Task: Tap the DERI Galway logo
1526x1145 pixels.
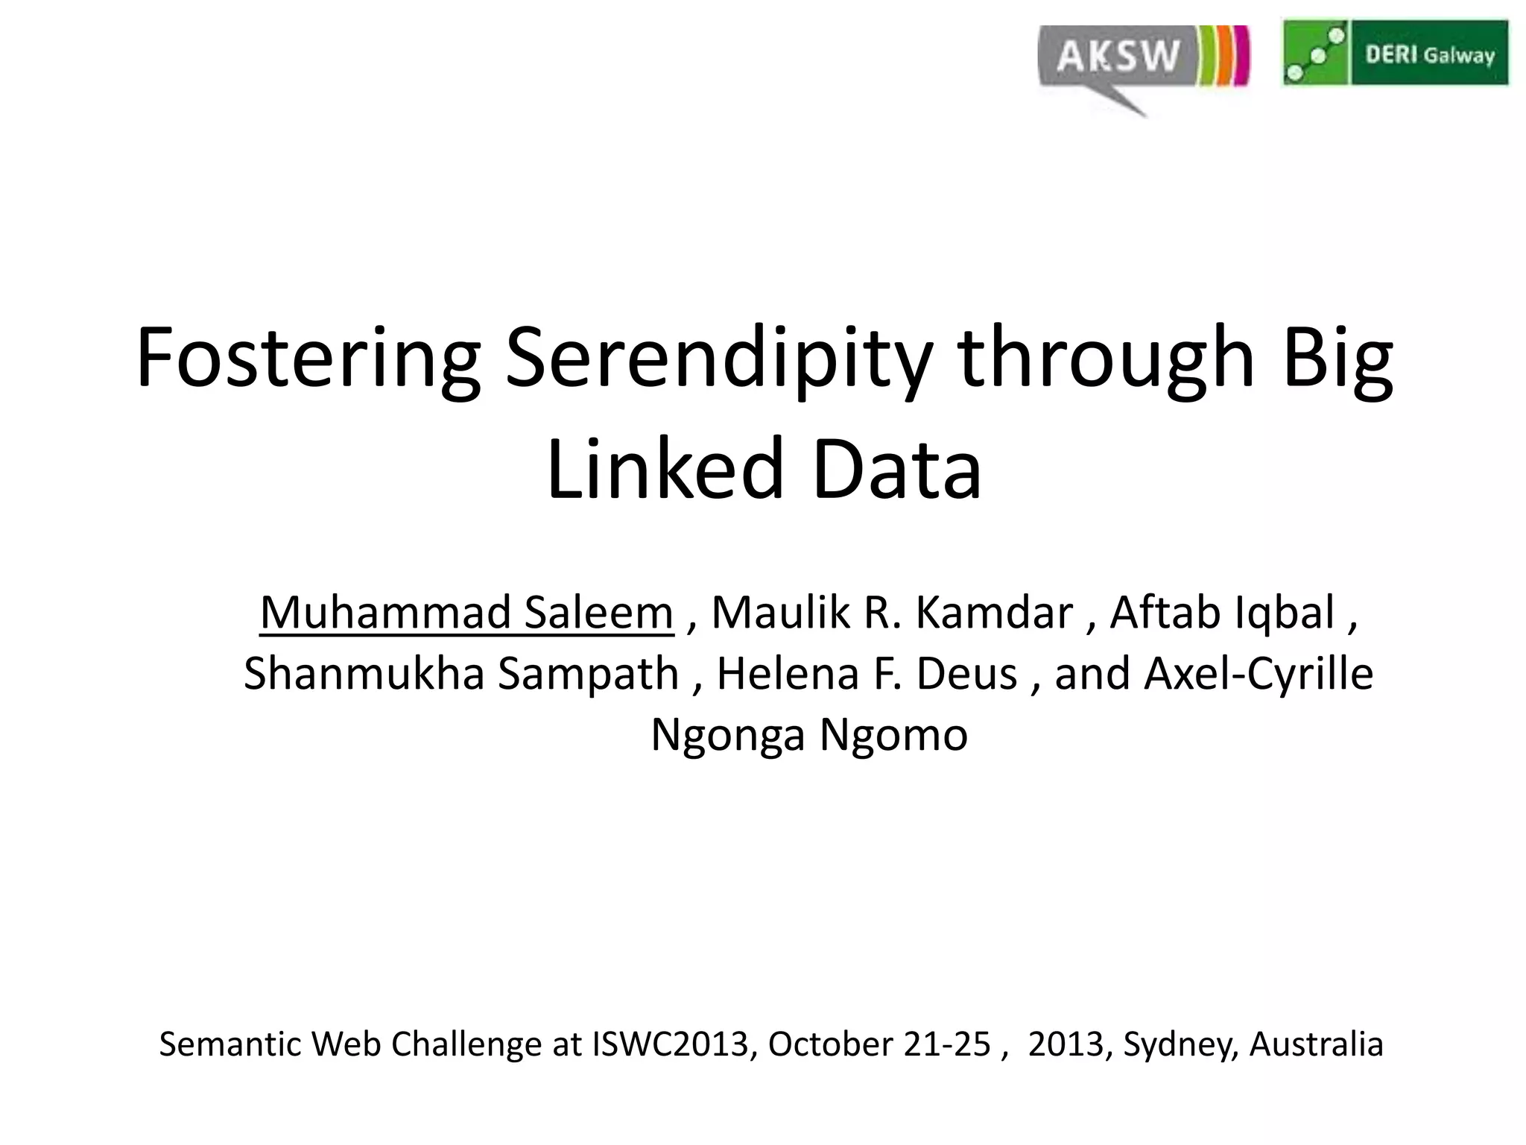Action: click(1395, 53)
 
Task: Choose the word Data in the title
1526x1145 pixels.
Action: click(897, 470)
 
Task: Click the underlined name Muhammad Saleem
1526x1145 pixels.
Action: click(466, 613)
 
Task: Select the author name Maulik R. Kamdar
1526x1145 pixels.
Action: click(892, 613)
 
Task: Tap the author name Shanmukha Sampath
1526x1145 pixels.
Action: click(461, 674)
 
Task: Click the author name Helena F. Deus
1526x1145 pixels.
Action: click(867, 674)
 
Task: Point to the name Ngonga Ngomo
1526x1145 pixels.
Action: click(809, 735)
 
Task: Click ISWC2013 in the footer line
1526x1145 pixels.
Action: click(670, 1044)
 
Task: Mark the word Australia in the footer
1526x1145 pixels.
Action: click(1316, 1044)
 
